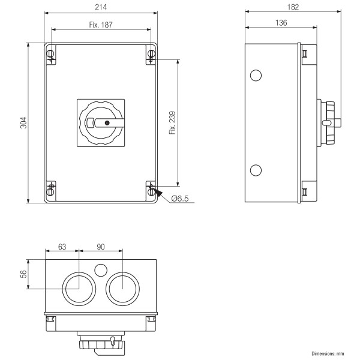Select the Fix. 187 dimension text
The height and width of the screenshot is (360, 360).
click(x=101, y=25)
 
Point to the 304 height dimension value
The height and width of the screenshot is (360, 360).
click(x=23, y=123)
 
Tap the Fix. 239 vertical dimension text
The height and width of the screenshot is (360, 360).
click(x=173, y=122)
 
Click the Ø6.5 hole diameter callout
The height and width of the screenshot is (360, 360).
click(x=180, y=199)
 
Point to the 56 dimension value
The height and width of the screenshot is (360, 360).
click(x=23, y=274)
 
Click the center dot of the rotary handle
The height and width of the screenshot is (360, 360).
click(x=106, y=123)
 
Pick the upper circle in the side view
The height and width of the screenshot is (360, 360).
click(x=256, y=75)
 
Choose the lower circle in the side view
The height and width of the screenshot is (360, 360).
click(x=256, y=170)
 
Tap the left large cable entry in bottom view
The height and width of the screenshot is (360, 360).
click(x=79, y=289)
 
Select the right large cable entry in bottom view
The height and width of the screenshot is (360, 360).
click(x=122, y=289)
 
